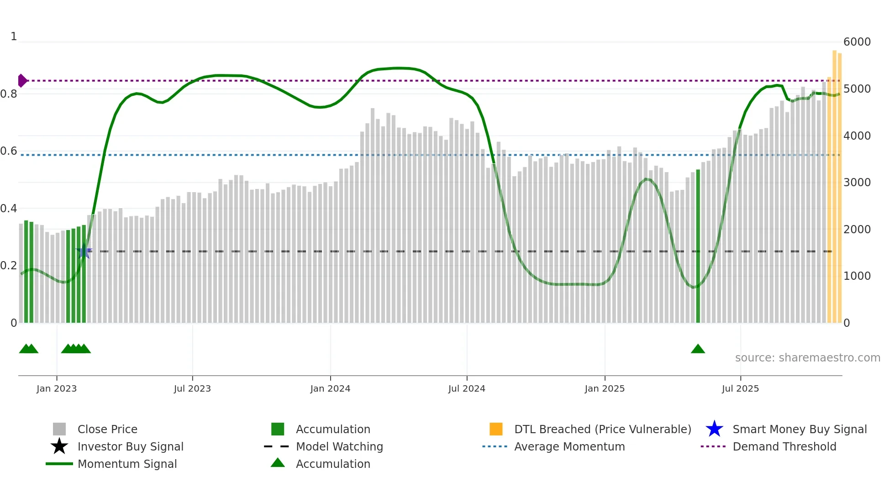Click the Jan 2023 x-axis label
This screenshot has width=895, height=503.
[x=57, y=388]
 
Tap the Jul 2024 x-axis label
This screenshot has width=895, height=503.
[x=467, y=388]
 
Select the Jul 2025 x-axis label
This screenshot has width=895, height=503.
[x=740, y=388]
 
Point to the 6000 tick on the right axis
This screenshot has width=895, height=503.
[x=857, y=42]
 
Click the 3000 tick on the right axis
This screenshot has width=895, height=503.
[x=857, y=183]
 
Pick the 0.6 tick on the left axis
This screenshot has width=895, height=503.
[x=9, y=151]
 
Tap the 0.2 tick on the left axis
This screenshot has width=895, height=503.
[x=9, y=266]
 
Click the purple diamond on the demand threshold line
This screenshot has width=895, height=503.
[x=22, y=81]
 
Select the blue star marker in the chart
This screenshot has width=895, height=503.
[x=84, y=251]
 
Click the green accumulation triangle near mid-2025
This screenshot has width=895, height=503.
[x=698, y=349]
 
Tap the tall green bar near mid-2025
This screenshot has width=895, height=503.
[x=698, y=246]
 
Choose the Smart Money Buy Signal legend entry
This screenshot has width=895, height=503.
[x=799, y=429]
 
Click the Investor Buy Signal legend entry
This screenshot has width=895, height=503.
[x=130, y=446]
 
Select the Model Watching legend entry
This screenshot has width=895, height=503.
[x=339, y=446]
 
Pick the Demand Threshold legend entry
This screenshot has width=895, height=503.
[x=784, y=446]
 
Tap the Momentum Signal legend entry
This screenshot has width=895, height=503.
[x=127, y=464]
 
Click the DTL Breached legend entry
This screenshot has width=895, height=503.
[x=602, y=429]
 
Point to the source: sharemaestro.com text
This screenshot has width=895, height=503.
[x=807, y=358]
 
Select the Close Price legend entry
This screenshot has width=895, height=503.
[x=107, y=429]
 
